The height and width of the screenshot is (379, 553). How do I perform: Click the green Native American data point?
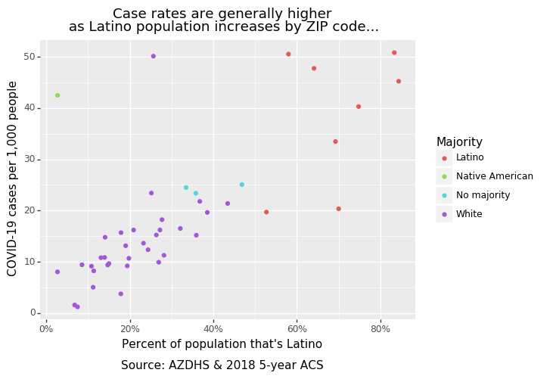tap(57, 95)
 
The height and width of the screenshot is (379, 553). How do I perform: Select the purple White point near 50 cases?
tap(153, 56)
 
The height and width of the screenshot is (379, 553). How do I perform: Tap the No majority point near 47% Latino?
tap(242, 185)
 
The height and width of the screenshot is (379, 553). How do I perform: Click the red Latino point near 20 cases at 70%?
tap(338, 209)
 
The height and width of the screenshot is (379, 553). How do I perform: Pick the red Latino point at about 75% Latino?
tap(359, 107)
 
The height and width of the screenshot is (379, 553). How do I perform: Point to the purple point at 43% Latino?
tap(227, 203)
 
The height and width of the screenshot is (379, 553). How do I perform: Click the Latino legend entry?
tap(470, 157)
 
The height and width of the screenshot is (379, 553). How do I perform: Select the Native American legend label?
tap(494, 176)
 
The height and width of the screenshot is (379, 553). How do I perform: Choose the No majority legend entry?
tap(483, 195)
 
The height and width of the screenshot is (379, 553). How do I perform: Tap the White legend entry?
tap(469, 214)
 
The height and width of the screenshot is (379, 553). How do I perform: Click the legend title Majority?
tap(459, 142)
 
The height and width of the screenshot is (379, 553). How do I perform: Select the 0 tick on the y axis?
tap(33, 312)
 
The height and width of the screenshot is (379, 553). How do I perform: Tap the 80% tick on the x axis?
tap(381, 328)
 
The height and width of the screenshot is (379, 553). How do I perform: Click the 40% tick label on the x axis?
tap(213, 328)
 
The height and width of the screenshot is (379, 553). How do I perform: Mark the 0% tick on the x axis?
tap(46, 328)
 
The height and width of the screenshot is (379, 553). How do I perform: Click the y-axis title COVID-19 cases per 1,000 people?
tap(13, 179)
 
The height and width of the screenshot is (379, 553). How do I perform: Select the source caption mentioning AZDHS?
tap(222, 365)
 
